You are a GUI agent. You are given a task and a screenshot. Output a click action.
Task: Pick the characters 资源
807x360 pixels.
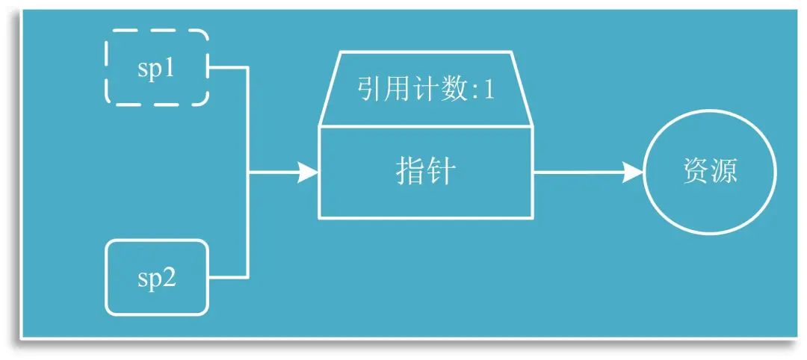[710, 173]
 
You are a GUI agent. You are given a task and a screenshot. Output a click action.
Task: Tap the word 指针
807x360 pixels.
[426, 173]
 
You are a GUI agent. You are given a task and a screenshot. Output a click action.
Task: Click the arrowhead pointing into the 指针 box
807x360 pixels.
[309, 173]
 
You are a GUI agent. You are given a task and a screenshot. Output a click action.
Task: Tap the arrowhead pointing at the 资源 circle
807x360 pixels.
[633, 173]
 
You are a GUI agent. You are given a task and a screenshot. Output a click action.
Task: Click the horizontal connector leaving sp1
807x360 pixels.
[228, 67]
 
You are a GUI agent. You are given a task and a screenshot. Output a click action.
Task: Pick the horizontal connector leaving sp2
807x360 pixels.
[228, 277]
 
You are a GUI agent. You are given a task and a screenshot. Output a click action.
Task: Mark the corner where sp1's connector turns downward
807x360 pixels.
[247, 67]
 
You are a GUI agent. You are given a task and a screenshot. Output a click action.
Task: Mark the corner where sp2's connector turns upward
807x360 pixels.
[247, 277]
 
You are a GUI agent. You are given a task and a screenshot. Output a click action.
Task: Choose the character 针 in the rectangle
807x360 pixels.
[441, 173]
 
